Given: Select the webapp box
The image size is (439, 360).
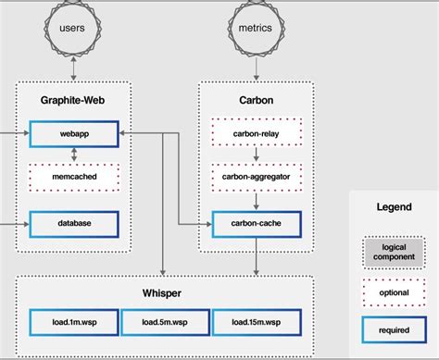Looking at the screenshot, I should (74, 135).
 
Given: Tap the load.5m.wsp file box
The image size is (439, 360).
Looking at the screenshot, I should (164, 324).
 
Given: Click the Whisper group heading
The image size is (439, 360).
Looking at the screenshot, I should (164, 293).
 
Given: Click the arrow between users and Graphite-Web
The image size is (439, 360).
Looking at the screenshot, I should (73, 70).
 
